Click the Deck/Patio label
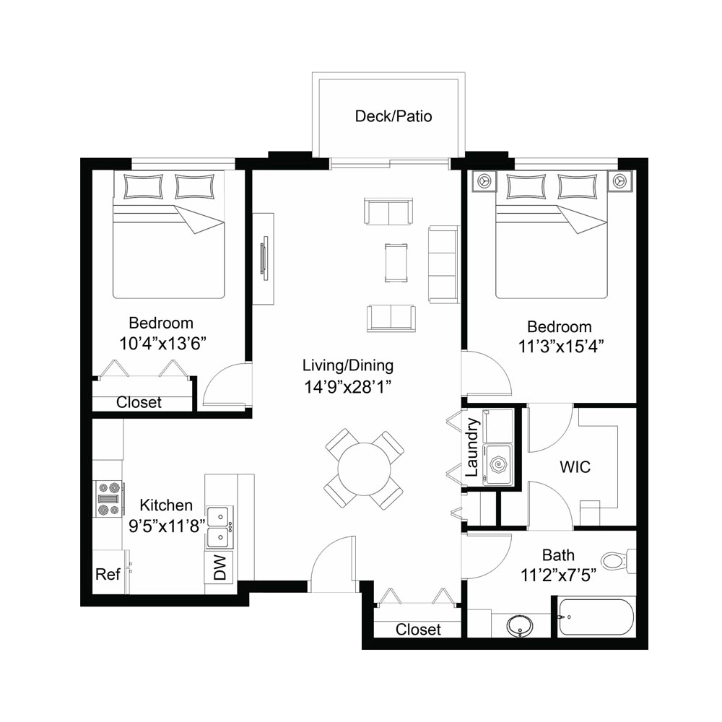tap(393, 116)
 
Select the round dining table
tap(364, 469)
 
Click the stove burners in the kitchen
tap(109, 499)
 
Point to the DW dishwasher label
tap(220, 567)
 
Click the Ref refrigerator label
tap(108, 574)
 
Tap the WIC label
tap(575, 467)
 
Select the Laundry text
tap(471, 447)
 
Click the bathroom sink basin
tap(521, 626)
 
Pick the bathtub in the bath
tap(596, 617)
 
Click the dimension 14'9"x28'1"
tap(348, 387)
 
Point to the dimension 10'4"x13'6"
tap(162, 344)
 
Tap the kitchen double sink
tap(219, 527)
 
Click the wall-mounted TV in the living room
tap(265, 258)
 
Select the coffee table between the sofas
tap(396, 263)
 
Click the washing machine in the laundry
tap(497, 464)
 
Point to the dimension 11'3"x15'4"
tap(561, 347)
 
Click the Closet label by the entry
tap(418, 629)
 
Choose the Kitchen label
tap(166, 505)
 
